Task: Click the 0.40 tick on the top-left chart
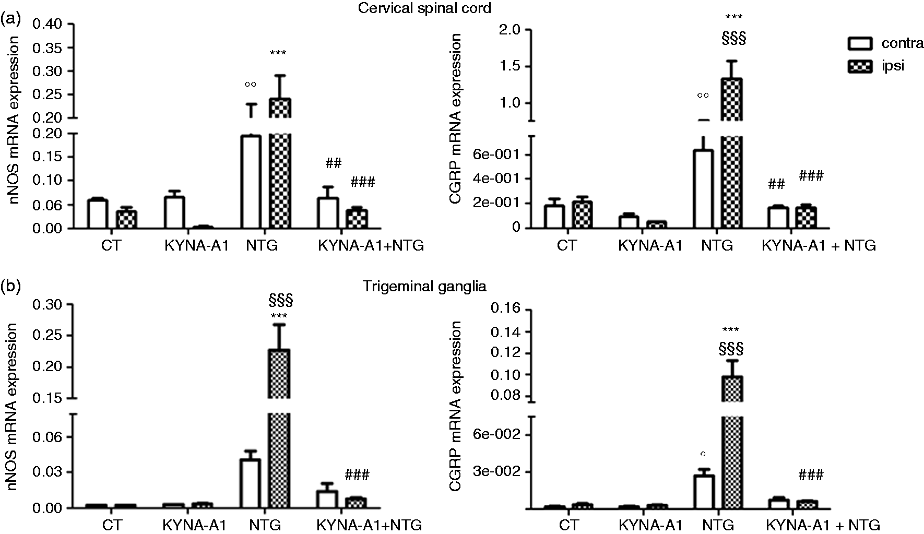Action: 49,23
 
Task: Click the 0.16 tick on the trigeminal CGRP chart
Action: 505,309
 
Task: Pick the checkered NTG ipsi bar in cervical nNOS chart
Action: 279,163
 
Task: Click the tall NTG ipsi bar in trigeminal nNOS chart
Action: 279,429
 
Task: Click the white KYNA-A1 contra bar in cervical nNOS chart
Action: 174,212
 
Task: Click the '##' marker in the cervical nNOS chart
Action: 334,163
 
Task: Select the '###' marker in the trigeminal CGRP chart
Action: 810,474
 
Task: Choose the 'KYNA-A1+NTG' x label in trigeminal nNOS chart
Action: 369,525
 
